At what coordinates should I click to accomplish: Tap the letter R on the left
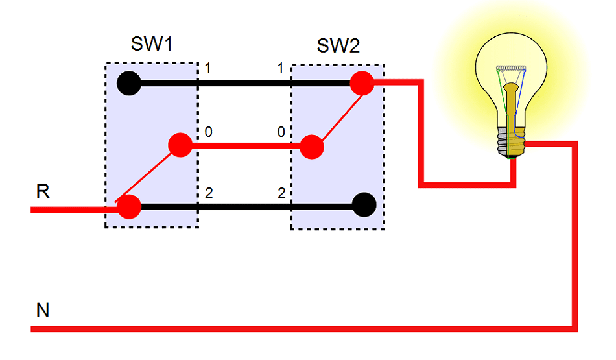(43, 191)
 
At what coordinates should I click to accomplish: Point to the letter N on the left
(43, 311)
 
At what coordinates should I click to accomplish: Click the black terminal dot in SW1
(129, 83)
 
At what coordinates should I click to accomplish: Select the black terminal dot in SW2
(364, 205)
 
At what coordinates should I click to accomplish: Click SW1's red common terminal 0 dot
(180, 145)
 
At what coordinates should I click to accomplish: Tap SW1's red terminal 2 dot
(129, 207)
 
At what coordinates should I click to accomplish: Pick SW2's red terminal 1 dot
(361, 82)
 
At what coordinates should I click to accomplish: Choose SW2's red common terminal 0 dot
(312, 146)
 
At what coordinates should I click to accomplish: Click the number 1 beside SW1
(208, 67)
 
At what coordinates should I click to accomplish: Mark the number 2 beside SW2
(281, 193)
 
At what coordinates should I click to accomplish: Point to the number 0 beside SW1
(208, 132)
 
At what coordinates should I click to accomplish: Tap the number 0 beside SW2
(281, 132)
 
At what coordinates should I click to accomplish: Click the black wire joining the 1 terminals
(243, 83)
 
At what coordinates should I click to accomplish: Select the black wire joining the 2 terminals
(243, 207)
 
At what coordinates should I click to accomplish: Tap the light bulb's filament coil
(510, 68)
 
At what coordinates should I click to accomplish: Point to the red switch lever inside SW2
(337, 114)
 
